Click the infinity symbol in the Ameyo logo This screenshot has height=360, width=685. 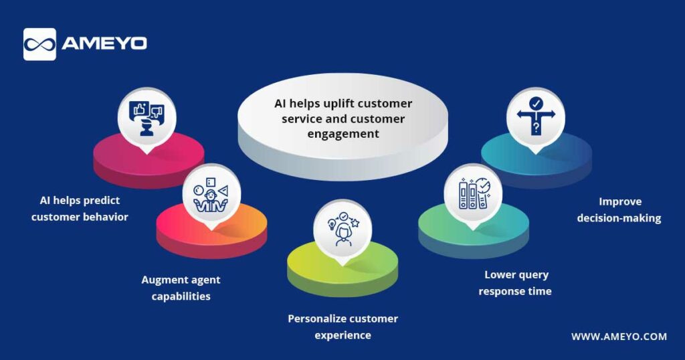pyautogui.click(x=39, y=45)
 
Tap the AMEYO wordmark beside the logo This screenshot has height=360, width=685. pyautogui.click(x=104, y=43)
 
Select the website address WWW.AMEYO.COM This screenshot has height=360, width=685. pyautogui.click(x=619, y=337)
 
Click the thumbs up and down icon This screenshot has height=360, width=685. pyautogui.click(x=146, y=118)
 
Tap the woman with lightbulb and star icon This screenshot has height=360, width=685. pyautogui.click(x=343, y=229)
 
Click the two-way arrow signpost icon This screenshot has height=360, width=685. pyautogui.click(x=536, y=115)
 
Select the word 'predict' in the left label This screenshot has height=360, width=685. pyautogui.click(x=101, y=201)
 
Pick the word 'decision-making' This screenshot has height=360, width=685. pyautogui.click(x=619, y=218)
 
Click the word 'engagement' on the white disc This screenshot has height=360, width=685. pyautogui.click(x=343, y=134)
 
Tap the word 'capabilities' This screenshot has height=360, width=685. pyautogui.click(x=181, y=296)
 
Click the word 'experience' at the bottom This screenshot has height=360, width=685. pyautogui.click(x=343, y=335)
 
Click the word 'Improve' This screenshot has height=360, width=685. pyautogui.click(x=620, y=202)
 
